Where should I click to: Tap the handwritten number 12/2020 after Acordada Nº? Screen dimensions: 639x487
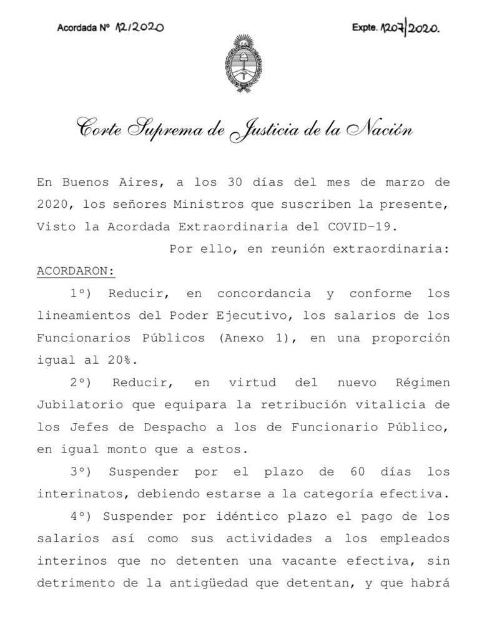(x=139, y=27)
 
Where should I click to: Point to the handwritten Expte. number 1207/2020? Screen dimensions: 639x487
(x=410, y=28)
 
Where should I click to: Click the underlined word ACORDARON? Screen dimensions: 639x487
(x=76, y=271)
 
